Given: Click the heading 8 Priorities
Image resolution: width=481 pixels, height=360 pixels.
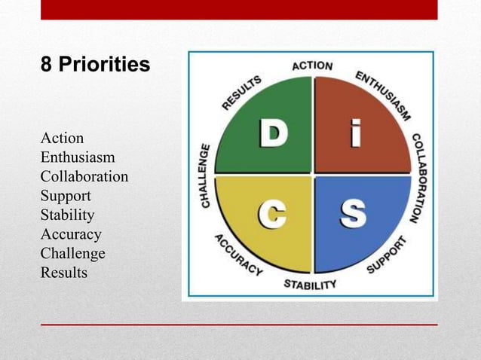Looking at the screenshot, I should click(x=95, y=66).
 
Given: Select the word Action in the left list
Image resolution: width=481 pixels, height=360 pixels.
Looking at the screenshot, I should click(x=62, y=139).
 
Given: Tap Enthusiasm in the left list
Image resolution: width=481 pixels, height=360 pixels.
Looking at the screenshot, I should click(x=78, y=158).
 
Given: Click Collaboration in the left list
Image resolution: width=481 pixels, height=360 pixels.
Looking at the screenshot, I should click(x=84, y=177).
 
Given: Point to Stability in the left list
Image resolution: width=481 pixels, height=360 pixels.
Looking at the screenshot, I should click(x=67, y=215).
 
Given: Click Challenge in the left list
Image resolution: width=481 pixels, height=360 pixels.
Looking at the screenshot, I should click(x=72, y=254).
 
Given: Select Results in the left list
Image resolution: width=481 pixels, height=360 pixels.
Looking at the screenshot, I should click(x=63, y=273).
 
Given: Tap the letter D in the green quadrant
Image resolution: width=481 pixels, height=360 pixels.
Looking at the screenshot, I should click(x=273, y=135).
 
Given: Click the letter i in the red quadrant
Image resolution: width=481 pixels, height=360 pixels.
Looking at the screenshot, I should click(x=351, y=135).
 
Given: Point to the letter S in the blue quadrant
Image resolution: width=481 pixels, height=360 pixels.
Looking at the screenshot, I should click(x=352, y=215).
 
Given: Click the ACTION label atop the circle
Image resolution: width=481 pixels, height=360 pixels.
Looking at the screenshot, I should click(x=312, y=66).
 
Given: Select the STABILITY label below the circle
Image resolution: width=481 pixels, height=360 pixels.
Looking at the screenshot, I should click(x=310, y=285).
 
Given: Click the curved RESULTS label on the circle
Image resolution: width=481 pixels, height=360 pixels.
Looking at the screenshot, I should click(x=241, y=92).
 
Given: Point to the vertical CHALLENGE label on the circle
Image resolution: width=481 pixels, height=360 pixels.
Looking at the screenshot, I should click(x=205, y=175).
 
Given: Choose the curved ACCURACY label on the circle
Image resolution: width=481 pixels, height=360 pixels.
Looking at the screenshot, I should click(x=237, y=255).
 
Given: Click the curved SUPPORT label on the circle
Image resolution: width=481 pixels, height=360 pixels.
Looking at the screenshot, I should click(x=387, y=254).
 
